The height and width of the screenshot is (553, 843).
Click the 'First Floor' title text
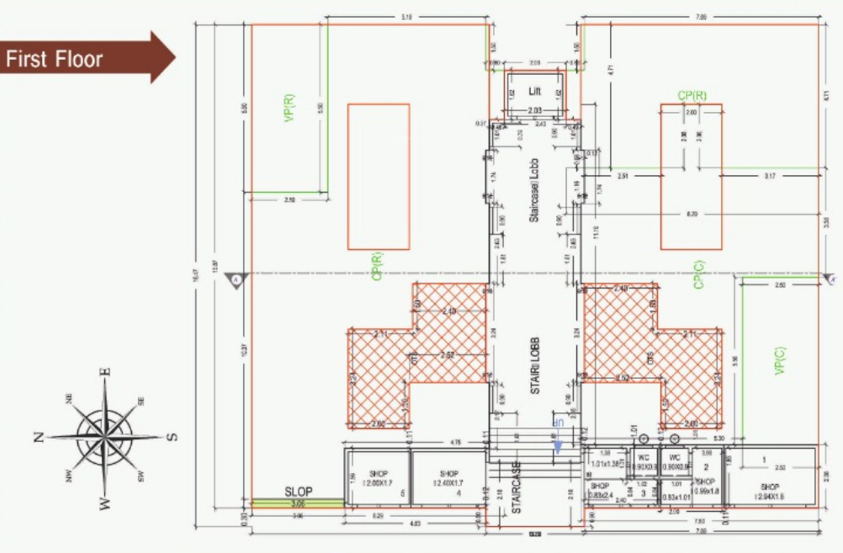(55, 59)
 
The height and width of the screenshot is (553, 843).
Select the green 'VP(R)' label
(289, 108)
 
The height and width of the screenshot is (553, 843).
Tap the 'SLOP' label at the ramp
(299, 492)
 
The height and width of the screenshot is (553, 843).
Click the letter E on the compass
(105, 372)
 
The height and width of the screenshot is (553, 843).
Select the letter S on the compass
(172, 436)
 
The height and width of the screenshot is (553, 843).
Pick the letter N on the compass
(39, 437)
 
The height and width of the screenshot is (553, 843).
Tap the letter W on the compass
(105, 503)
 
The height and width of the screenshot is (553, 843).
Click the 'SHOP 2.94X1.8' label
(770, 492)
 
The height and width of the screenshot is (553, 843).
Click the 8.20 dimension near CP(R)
(691, 215)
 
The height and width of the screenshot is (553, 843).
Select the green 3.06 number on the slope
(299, 504)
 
